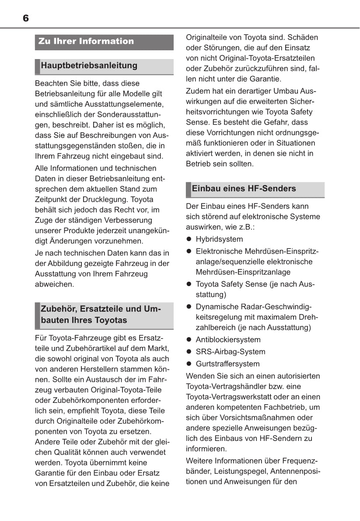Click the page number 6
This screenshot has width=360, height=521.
(x=26, y=18)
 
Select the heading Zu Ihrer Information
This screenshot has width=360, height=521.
(x=86, y=42)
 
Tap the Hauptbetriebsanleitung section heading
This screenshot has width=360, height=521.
(x=89, y=66)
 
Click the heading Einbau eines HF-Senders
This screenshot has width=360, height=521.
(x=244, y=189)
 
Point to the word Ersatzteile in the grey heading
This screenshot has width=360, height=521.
(x=112, y=309)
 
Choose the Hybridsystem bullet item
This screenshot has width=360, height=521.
(x=219, y=239)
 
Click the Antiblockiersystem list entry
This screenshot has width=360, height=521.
(x=228, y=339)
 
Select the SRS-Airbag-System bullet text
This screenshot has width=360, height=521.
(x=231, y=352)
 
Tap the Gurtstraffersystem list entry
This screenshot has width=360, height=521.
(x=227, y=364)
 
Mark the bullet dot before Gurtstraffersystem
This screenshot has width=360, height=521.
(x=189, y=364)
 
